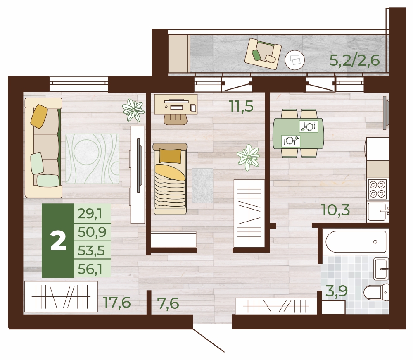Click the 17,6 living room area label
click(117, 303)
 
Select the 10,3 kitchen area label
click(335, 210)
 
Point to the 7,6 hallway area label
click(168, 303)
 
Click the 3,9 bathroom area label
click(337, 291)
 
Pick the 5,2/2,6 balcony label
click(354, 60)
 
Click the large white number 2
click(58, 242)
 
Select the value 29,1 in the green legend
click(90, 213)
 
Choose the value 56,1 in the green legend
click(90, 269)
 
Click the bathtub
click(356, 241)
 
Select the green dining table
click(299, 134)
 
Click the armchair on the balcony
click(263, 54)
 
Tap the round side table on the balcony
click(295, 60)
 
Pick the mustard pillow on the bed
click(170, 156)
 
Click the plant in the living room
click(133, 110)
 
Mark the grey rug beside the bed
click(202, 186)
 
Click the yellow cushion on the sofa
click(39, 116)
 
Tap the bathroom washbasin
click(381, 269)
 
